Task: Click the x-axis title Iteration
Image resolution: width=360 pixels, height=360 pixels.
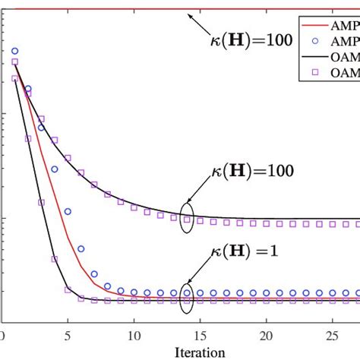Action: tap(200, 352)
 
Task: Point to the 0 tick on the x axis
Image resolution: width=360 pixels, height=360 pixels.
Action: tap(3, 335)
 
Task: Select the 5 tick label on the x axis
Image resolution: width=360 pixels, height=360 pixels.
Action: tap(68, 335)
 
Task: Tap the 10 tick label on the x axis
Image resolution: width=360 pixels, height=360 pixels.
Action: tap(134, 335)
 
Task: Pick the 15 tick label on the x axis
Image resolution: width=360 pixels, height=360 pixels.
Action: tap(201, 335)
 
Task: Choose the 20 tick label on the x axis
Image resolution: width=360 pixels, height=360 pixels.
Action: tap(266, 335)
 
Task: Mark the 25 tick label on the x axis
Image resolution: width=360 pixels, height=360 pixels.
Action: tap(332, 335)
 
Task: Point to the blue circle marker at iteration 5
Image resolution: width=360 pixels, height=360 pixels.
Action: tap(68, 211)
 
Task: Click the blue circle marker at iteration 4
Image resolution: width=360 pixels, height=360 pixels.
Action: tap(55, 169)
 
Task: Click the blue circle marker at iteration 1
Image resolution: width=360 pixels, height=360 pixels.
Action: tap(15, 51)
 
